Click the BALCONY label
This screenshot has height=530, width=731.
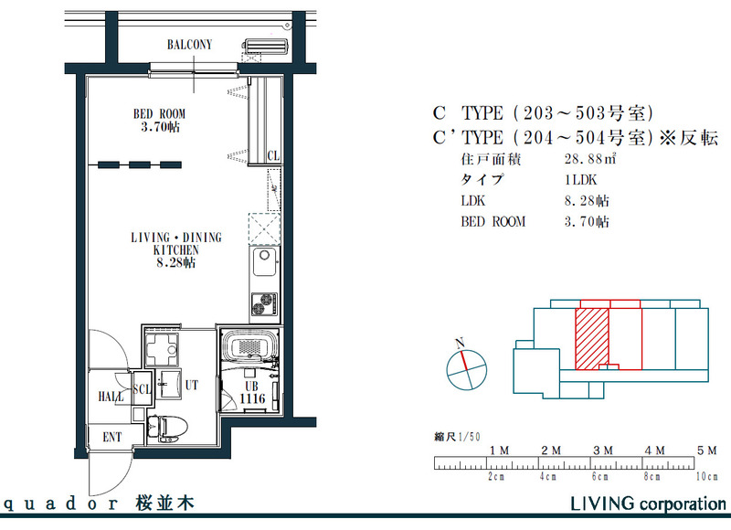click(x=189, y=44)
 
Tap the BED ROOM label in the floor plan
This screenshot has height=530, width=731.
click(x=160, y=114)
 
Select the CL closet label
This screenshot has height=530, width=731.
click(x=273, y=156)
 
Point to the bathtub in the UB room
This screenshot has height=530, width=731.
click(x=250, y=348)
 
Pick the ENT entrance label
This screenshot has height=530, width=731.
click(x=111, y=438)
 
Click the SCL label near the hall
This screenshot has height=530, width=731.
click(x=142, y=387)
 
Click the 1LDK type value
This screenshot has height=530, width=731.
click(x=581, y=180)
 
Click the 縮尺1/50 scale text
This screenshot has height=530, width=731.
click(x=456, y=437)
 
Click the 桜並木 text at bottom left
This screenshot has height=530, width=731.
click(x=164, y=503)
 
